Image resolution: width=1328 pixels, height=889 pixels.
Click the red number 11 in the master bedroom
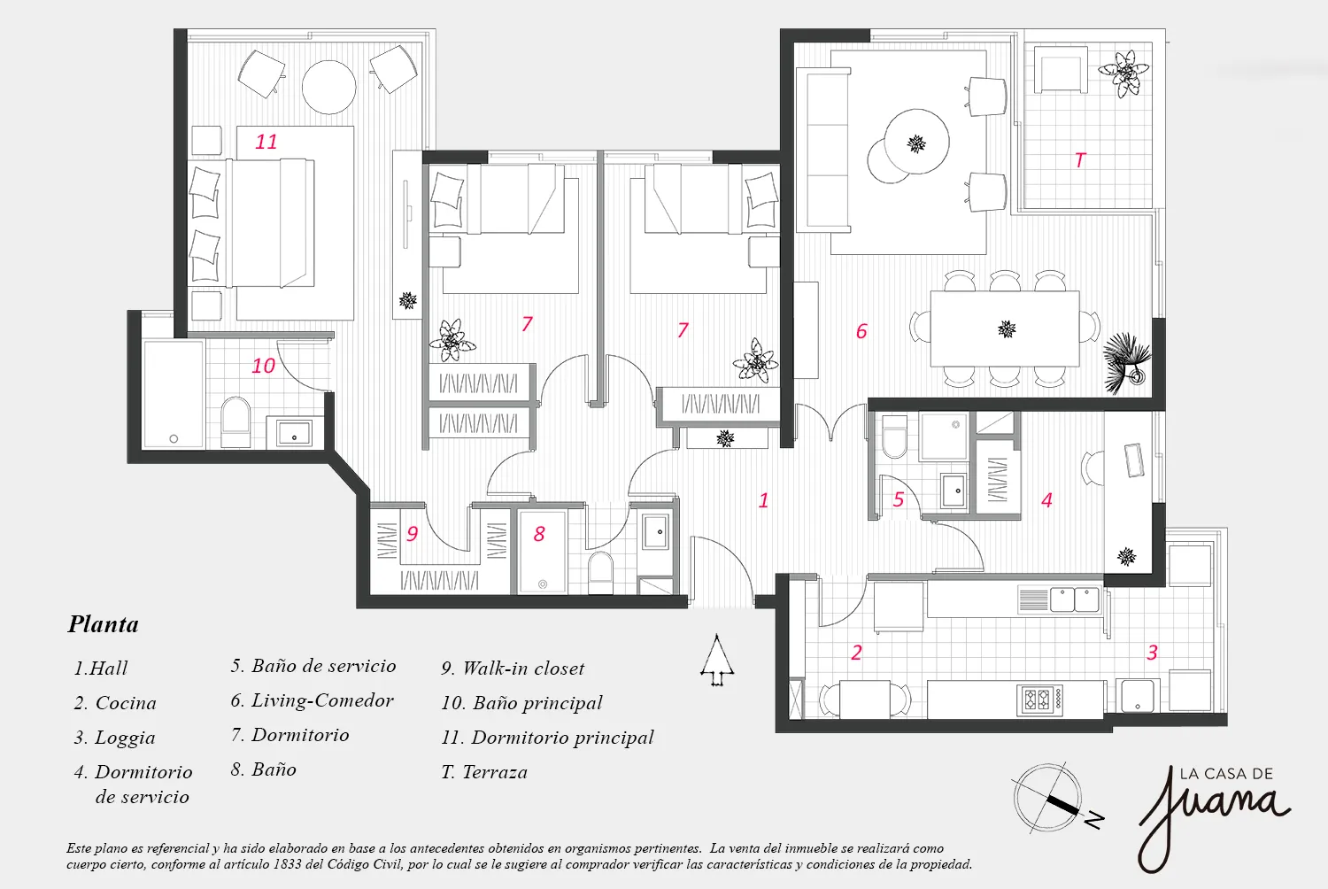tap(266, 142)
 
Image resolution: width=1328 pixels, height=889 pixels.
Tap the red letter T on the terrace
tap(1080, 160)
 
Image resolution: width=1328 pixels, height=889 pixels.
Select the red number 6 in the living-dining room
tap(861, 331)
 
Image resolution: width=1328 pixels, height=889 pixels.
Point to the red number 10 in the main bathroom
tap(263, 366)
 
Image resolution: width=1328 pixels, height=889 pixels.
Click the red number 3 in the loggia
tap(1152, 653)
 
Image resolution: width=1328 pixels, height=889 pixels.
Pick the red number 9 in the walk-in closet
tap(412, 534)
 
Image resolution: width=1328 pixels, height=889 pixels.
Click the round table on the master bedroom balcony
tap(329, 87)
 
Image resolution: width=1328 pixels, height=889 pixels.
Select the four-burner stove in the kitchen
tap(1040, 700)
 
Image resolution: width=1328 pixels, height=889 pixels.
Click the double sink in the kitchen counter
tap(1074, 599)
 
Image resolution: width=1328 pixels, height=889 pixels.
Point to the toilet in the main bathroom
tap(235, 421)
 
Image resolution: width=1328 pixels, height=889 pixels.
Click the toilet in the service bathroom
tap(894, 437)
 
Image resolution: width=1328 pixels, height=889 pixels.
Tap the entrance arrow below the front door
tap(717, 660)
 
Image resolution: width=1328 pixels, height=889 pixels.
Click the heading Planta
tap(104, 624)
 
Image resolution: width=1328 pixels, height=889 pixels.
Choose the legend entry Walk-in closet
tap(513, 669)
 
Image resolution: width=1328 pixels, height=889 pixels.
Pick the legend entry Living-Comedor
tap(312, 701)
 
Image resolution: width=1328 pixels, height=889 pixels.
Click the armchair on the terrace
tap(1061, 70)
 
